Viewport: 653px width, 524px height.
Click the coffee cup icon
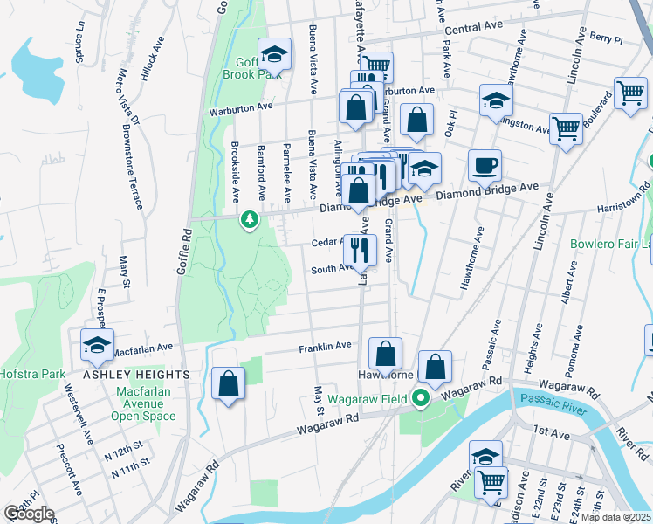point(485,164)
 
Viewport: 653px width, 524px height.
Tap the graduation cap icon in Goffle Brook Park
point(275,54)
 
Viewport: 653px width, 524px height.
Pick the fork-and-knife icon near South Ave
point(359,251)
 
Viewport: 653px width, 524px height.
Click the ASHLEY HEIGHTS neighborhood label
point(136,374)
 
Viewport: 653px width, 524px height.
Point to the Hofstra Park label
point(32,374)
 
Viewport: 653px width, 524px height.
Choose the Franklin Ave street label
point(325,346)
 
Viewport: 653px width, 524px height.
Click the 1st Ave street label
point(546,431)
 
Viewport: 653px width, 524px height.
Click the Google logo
point(29,514)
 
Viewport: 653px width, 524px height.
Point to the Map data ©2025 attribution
point(615,517)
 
